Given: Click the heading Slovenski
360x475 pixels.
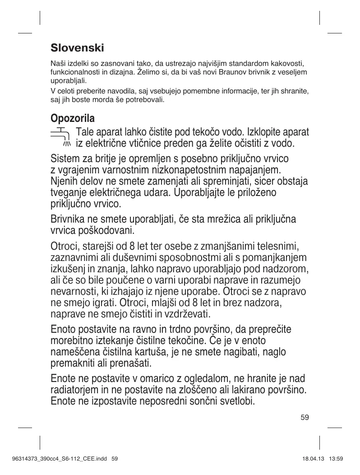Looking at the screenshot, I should (x=77, y=47).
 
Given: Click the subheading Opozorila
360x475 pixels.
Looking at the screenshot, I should (x=72, y=119).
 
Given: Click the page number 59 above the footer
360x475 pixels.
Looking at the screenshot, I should (x=305, y=417).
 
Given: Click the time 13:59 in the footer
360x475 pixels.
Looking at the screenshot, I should (x=337, y=459).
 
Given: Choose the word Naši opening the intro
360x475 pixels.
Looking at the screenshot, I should (x=56, y=62).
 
